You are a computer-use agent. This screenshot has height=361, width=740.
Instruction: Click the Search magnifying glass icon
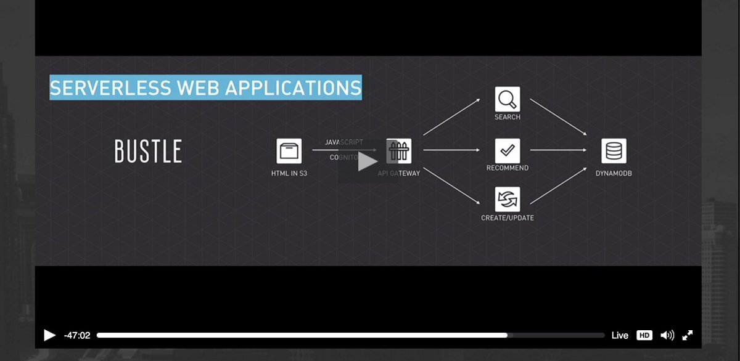(x=508, y=99)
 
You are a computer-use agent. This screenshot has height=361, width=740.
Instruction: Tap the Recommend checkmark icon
(x=508, y=150)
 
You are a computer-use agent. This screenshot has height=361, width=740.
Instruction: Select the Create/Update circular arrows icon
(x=508, y=200)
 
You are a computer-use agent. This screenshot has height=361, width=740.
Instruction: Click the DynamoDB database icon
(x=614, y=150)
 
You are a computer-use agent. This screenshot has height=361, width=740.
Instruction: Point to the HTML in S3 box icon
(x=289, y=150)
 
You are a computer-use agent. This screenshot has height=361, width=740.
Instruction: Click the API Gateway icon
(x=399, y=150)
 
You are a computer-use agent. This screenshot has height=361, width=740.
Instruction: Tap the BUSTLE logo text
(x=148, y=152)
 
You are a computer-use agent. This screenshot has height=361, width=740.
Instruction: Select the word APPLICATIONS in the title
(x=293, y=87)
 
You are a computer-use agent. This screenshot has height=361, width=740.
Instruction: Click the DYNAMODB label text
(x=614, y=174)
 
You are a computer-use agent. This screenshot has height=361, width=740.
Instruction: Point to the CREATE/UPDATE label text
(x=508, y=217)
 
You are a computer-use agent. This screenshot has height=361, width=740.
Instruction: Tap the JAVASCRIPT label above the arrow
(x=344, y=142)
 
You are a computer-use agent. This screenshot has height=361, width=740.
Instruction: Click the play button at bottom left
(x=49, y=335)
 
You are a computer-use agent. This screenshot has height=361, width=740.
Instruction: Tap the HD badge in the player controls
(x=644, y=335)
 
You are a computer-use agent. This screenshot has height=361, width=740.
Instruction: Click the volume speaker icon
(x=667, y=335)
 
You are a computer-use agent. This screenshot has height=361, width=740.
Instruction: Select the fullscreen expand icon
(x=688, y=335)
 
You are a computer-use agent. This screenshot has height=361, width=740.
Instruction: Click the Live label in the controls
(x=620, y=335)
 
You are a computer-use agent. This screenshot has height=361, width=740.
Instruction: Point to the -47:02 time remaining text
(x=77, y=335)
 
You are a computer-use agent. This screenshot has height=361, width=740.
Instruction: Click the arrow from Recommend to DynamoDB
(x=558, y=150)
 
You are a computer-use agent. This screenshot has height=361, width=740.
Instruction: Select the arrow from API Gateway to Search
(x=451, y=116)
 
